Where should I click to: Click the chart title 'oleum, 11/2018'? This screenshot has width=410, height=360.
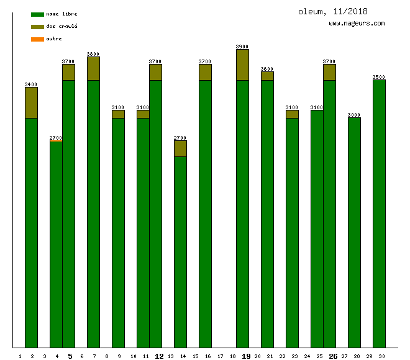point(332,12)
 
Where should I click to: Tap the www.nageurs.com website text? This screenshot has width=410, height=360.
point(357,24)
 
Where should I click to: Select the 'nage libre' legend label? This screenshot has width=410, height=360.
point(61,14)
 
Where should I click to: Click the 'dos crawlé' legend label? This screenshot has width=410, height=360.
point(61,27)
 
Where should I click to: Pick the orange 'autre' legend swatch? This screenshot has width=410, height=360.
point(37,39)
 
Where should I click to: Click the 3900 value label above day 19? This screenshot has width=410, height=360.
point(242,47)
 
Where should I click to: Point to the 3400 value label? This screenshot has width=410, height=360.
point(31,84)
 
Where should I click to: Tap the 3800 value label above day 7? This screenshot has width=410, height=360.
point(93,54)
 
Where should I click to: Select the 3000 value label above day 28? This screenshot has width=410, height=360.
point(354,115)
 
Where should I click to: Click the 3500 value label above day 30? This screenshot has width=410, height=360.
point(379,77)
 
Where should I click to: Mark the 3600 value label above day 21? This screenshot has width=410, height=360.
point(267,69)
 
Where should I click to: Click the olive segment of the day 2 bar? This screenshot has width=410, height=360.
point(31,102)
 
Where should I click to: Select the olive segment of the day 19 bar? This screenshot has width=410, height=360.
point(242,65)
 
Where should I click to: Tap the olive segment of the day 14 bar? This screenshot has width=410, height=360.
point(180,148)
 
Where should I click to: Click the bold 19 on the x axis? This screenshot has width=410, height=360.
point(246,356)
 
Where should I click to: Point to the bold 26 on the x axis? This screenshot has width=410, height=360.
point(333,356)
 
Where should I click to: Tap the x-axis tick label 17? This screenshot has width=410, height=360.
point(220,356)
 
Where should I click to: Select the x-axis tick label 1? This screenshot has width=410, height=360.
point(20,356)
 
